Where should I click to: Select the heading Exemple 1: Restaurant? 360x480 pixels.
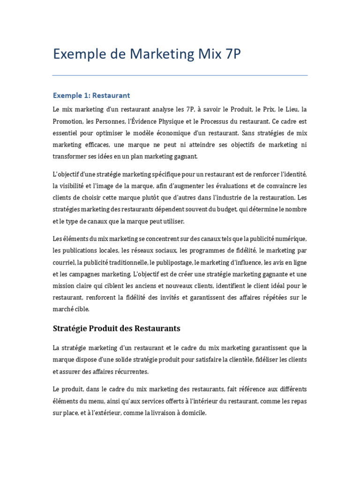pos(91,95)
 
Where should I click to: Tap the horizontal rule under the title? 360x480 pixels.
pos(180,75)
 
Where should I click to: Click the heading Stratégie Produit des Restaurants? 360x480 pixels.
pos(116,328)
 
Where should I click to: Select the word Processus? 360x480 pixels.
pos(223,121)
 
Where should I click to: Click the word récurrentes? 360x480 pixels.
pos(128,371)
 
